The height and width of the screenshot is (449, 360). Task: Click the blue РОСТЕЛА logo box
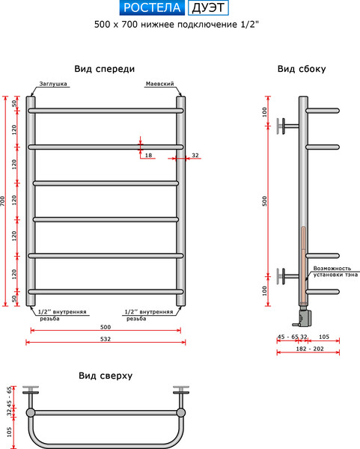click(x=153, y=9)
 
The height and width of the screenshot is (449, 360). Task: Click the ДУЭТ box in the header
click(x=207, y=9)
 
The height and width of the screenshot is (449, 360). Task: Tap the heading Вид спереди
click(x=106, y=69)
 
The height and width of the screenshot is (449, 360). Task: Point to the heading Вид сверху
click(x=105, y=376)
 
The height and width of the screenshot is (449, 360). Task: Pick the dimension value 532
click(x=105, y=339)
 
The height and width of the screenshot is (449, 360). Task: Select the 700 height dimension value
click(x=4, y=201)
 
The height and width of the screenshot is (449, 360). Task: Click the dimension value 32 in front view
click(x=195, y=155)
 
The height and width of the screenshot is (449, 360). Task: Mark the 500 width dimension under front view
click(x=105, y=327)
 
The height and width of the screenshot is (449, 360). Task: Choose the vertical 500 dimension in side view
click(x=264, y=201)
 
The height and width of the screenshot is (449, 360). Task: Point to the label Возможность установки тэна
click(x=332, y=271)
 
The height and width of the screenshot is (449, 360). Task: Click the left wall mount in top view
click(x=31, y=391)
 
